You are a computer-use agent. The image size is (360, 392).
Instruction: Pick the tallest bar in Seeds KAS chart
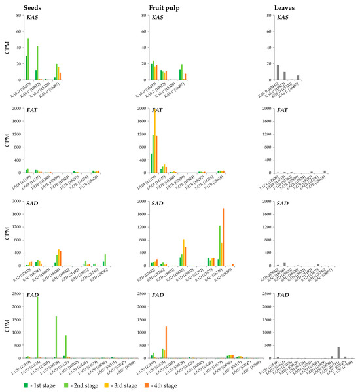[28, 59]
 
